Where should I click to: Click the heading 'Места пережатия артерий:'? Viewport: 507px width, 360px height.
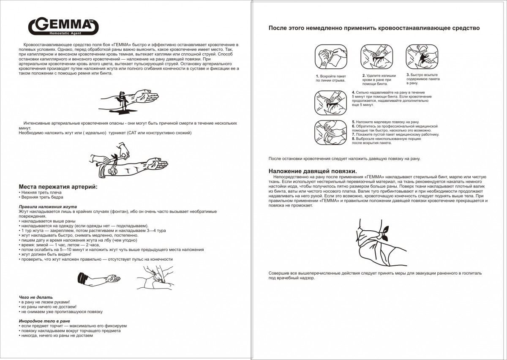point(58,187)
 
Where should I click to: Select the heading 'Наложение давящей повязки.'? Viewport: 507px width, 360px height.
point(313,171)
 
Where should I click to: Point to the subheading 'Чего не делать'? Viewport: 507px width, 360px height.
point(36,297)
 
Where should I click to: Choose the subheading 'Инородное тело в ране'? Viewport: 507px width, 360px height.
point(44,321)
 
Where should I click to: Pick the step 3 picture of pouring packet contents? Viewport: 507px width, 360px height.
point(420,57)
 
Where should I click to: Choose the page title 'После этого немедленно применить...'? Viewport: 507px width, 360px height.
point(374,28)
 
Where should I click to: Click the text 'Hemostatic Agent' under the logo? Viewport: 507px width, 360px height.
point(63,33)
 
